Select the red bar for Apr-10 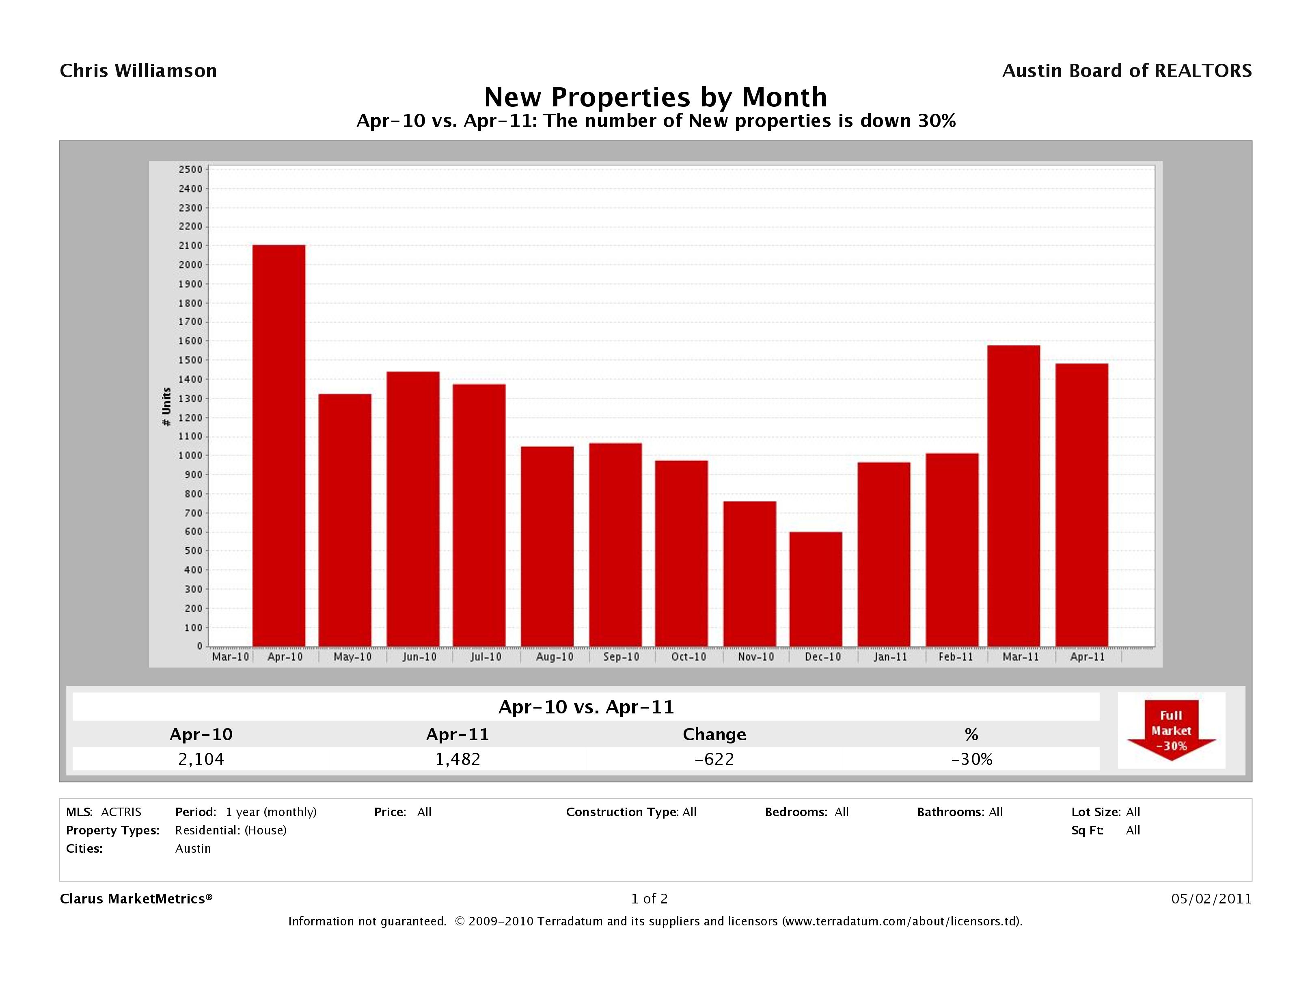(x=278, y=445)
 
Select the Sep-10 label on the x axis (x=621, y=657)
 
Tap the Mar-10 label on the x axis (x=230, y=657)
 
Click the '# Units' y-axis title (x=166, y=406)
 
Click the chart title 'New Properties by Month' (x=655, y=97)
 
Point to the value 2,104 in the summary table (x=201, y=759)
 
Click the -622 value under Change (x=714, y=759)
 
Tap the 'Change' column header (x=714, y=735)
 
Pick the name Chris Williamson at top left (x=138, y=71)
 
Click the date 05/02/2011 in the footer (x=1211, y=899)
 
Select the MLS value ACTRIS (x=121, y=812)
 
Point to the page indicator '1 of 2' (x=649, y=899)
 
